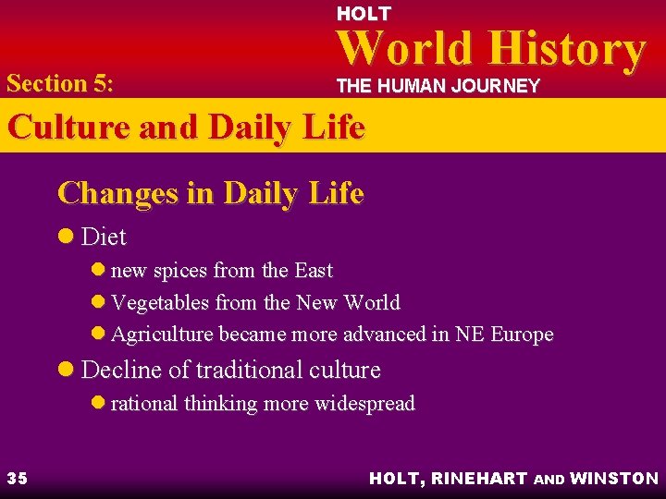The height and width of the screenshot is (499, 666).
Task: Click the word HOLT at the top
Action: click(x=364, y=14)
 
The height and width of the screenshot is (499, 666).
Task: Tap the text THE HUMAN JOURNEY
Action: click(x=437, y=86)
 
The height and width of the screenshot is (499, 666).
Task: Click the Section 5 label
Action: click(x=59, y=83)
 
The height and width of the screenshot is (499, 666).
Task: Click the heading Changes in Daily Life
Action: click(x=210, y=193)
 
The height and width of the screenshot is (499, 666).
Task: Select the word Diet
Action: click(x=104, y=237)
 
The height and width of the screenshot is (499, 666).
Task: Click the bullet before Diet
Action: click(x=68, y=237)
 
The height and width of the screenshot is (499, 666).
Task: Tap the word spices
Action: click(x=181, y=271)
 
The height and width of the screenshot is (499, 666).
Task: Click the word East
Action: click(x=313, y=271)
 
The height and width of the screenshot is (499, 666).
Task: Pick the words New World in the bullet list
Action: click(x=348, y=302)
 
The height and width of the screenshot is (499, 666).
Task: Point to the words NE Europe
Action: click(x=503, y=334)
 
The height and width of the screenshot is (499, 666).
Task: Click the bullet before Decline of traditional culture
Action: click(x=68, y=371)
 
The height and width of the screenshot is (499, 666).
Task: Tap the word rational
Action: click(x=144, y=403)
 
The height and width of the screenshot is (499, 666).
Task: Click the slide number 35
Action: click(x=17, y=478)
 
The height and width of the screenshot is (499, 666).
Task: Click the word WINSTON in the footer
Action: click(x=614, y=478)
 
